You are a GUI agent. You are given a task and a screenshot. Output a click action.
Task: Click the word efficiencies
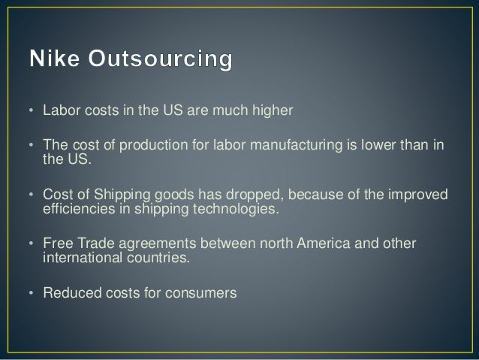[x=74, y=210]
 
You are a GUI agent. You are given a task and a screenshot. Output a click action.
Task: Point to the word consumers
[x=201, y=295]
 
